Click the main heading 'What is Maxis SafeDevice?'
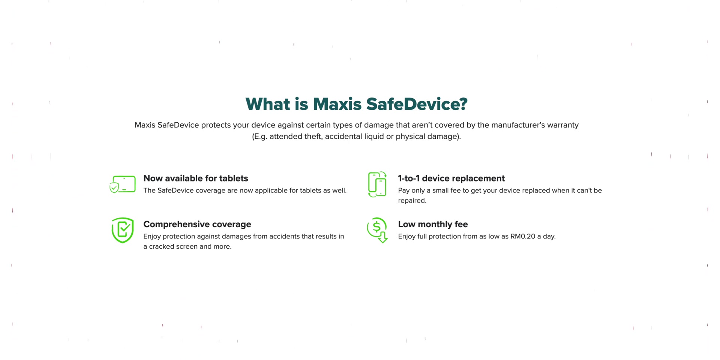pyautogui.click(x=356, y=104)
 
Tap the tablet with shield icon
pyautogui.click(x=122, y=184)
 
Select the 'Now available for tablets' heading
pyautogui.click(x=196, y=178)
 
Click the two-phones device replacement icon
pyautogui.click(x=377, y=184)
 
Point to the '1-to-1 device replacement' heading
pyautogui.click(x=451, y=178)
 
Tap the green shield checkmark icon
pyautogui.click(x=123, y=230)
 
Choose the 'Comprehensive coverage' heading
pyautogui.click(x=197, y=224)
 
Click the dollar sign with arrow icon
pyautogui.click(x=377, y=230)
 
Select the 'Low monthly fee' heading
pyautogui.click(x=433, y=224)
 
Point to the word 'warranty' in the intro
pyautogui.click(x=563, y=125)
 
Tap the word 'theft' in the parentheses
pyautogui.click(x=313, y=136)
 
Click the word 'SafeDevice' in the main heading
pyautogui.click(x=417, y=104)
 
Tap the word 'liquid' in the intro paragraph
pyautogui.click(x=373, y=136)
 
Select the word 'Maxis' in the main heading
pyautogui.click(x=337, y=104)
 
